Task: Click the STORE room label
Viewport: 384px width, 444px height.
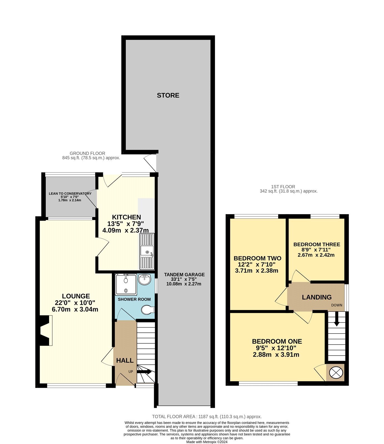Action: click(x=168, y=95)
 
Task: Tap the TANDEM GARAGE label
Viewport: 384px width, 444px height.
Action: click(x=184, y=275)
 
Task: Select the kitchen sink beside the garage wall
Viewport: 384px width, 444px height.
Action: click(x=147, y=252)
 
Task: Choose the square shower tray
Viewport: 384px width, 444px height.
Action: click(x=126, y=284)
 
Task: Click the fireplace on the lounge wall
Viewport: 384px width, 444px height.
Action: click(x=45, y=331)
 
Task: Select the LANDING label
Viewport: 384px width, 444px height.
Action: click(x=317, y=297)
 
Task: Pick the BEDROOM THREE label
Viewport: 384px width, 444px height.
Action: click(x=317, y=244)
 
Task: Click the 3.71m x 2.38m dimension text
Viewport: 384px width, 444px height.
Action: click(x=257, y=271)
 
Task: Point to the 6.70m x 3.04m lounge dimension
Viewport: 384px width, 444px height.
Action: click(x=75, y=309)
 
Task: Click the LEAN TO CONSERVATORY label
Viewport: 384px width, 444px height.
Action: click(x=70, y=193)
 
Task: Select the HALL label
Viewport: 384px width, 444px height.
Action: click(x=125, y=361)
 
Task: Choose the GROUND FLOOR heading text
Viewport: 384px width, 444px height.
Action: click(x=87, y=153)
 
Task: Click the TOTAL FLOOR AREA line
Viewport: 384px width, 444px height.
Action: click(x=207, y=417)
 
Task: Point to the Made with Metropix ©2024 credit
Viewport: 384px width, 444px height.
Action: click(x=207, y=442)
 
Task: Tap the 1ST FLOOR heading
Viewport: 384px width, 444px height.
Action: click(x=283, y=187)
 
